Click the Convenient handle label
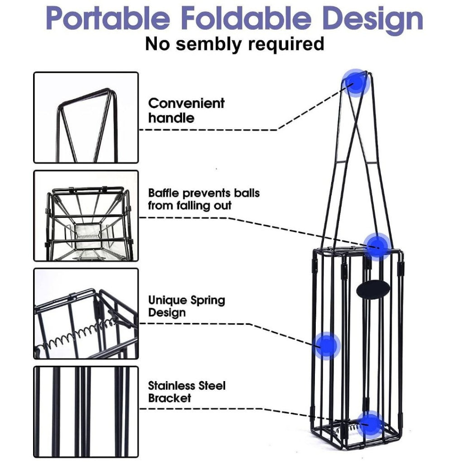coord(186,111)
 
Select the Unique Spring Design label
coord(186,306)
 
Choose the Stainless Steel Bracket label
coord(186,392)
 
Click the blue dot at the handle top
coord(357,83)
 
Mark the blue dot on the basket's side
coord(327,346)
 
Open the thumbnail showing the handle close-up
coord(86,117)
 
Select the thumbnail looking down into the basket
coord(86,216)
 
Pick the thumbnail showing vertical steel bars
coord(86,411)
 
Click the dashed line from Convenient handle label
coord(208,130)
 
